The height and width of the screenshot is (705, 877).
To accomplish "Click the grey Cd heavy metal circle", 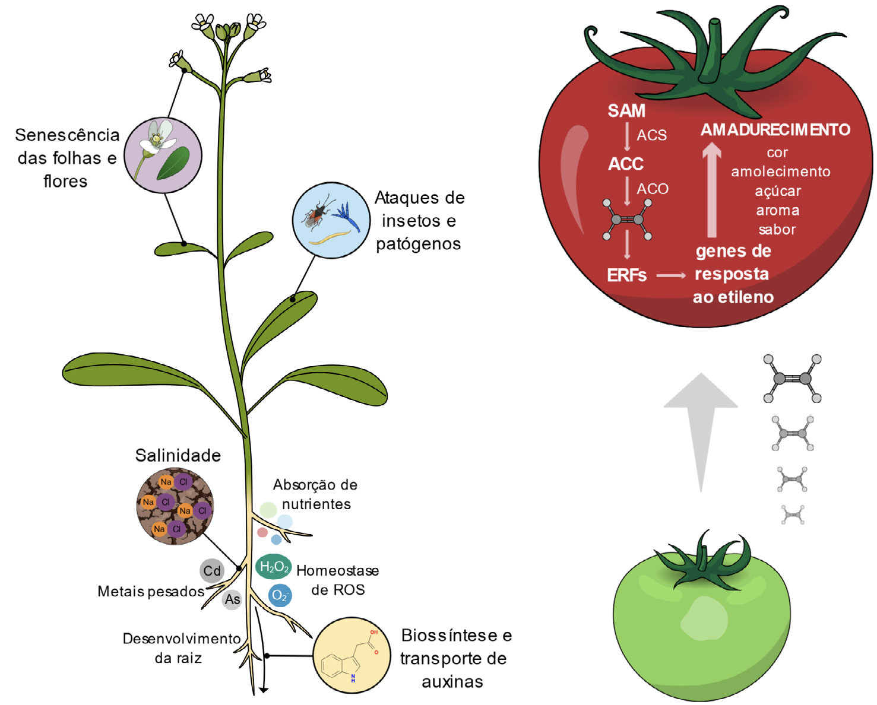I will point(212,571).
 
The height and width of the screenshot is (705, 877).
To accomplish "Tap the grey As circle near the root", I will point(232,599).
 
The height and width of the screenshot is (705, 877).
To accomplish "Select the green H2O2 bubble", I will point(274,567).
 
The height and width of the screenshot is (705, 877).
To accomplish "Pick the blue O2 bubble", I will point(280,595).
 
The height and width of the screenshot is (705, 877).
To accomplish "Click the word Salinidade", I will point(178,455).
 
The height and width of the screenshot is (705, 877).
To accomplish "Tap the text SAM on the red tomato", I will point(626,111).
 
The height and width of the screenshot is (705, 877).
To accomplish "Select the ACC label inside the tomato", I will point(626,164).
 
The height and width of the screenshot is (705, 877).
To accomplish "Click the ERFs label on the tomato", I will point(626,275).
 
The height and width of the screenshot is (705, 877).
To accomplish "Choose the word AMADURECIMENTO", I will point(775,130).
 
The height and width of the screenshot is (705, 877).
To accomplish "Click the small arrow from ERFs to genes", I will point(671,275).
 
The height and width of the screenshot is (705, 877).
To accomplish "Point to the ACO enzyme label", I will point(653,189).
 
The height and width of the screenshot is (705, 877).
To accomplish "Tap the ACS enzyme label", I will point(651,135).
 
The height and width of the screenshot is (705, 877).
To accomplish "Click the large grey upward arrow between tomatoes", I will point(701,427).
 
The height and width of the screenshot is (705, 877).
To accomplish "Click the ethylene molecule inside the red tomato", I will point(628,220).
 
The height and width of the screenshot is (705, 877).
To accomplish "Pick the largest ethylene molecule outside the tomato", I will point(792,379).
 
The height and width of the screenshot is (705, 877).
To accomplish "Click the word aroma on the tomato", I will point(777,211).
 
